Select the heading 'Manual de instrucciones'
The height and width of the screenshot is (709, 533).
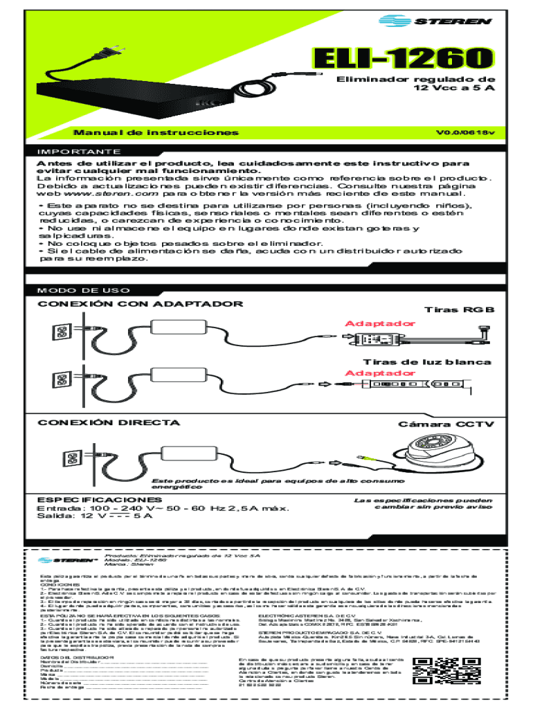[x=159, y=132]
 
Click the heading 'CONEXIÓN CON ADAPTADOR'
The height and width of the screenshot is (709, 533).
[x=141, y=304]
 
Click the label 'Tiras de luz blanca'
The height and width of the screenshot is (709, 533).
[x=427, y=362]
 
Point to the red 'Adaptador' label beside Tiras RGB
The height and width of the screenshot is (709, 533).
[x=371, y=324]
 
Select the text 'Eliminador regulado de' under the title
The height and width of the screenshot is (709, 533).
[x=416, y=80]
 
